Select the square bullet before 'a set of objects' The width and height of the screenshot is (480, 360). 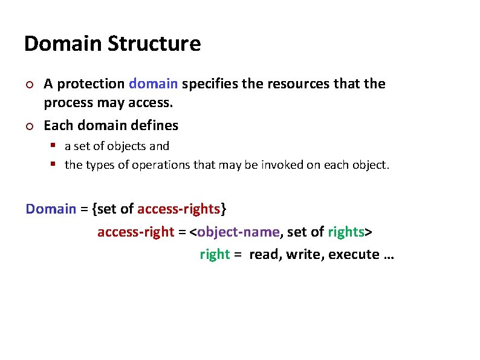click(x=53, y=146)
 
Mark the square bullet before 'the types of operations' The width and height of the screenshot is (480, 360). click(x=53, y=165)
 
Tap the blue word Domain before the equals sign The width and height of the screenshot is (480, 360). click(x=51, y=209)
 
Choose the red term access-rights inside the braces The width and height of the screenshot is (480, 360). click(x=178, y=209)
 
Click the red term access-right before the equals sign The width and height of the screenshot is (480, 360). click(x=135, y=232)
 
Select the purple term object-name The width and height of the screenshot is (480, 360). click(x=239, y=232)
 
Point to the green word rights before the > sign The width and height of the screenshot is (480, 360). click(x=346, y=232)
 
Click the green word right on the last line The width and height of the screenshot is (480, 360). click(x=215, y=255)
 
